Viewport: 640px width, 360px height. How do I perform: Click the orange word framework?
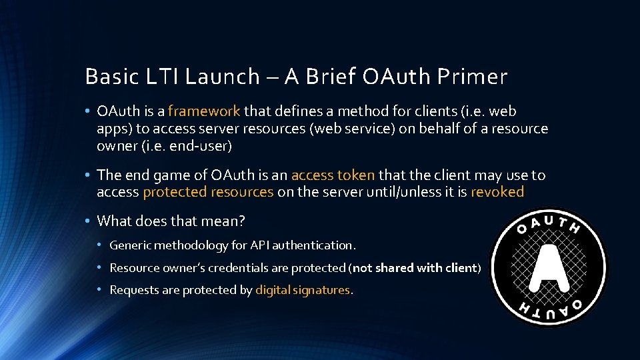point(204,111)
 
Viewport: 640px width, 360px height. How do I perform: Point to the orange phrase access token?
point(333,175)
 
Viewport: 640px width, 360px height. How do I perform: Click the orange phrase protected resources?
point(208,192)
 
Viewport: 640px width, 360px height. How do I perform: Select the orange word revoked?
point(497,192)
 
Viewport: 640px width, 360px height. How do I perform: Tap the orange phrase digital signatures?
point(303,290)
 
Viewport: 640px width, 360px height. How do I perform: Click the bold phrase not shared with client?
point(414,268)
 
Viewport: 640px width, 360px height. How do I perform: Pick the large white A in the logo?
point(549,268)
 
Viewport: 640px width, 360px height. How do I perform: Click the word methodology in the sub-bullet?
point(189,245)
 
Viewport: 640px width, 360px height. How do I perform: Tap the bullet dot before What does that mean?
point(88,221)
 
